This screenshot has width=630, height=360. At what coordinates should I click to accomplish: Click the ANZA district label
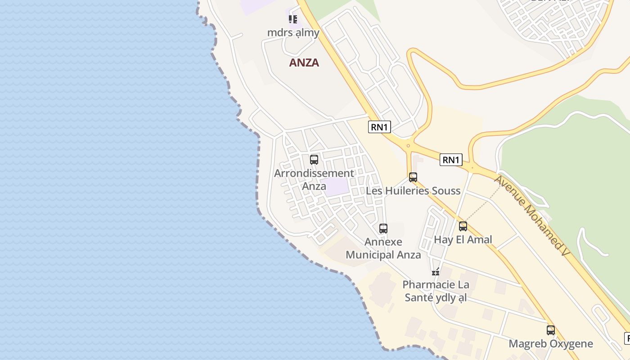(x=304, y=63)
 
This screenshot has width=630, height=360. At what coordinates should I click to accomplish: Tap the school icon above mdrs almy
(x=293, y=19)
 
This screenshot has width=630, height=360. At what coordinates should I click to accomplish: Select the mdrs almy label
(x=293, y=32)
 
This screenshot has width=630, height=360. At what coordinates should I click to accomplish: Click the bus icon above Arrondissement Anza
(x=314, y=160)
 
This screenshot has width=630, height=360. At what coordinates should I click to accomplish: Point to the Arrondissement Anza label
(x=314, y=179)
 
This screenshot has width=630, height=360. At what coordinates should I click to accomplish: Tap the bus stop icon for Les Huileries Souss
(x=413, y=177)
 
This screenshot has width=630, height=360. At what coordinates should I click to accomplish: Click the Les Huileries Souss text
(x=413, y=191)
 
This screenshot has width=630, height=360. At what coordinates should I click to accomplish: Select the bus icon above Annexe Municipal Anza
(x=383, y=229)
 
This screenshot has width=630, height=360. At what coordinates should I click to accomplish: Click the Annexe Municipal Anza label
(x=383, y=248)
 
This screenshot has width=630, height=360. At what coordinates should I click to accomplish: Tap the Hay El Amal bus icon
(x=463, y=226)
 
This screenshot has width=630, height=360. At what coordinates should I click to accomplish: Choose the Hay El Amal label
(x=463, y=239)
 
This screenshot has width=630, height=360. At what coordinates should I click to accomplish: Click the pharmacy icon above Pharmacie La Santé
(x=436, y=271)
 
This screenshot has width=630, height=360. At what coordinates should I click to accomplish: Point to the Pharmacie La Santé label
(x=436, y=291)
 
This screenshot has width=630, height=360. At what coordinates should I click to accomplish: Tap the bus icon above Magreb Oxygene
(x=551, y=330)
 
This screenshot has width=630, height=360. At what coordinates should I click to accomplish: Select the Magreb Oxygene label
(x=551, y=344)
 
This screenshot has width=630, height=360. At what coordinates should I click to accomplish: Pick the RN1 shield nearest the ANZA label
(x=379, y=127)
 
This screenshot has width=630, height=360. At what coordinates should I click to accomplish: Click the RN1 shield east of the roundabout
(x=451, y=160)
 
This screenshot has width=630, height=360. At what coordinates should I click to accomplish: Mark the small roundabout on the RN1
(x=408, y=145)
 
